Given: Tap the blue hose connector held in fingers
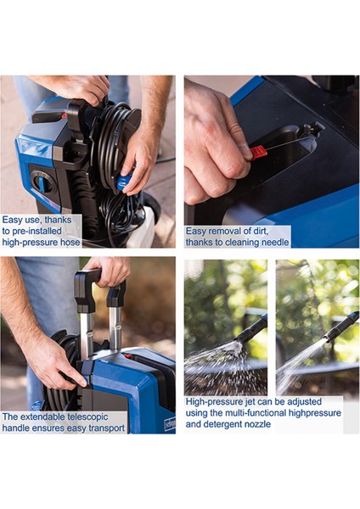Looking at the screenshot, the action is click(x=125, y=182).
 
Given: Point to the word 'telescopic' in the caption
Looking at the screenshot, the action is click(x=88, y=417).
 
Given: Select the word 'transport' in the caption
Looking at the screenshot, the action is click(x=106, y=428).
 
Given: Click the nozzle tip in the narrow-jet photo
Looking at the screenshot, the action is click(x=328, y=341).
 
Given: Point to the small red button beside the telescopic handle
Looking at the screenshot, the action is click(x=127, y=356).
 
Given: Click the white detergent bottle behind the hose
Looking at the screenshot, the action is click(x=142, y=228).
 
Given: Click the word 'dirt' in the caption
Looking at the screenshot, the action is click(x=261, y=231).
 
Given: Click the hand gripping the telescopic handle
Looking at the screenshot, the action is click(x=108, y=271).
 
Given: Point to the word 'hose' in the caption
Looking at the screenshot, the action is click(x=70, y=242).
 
